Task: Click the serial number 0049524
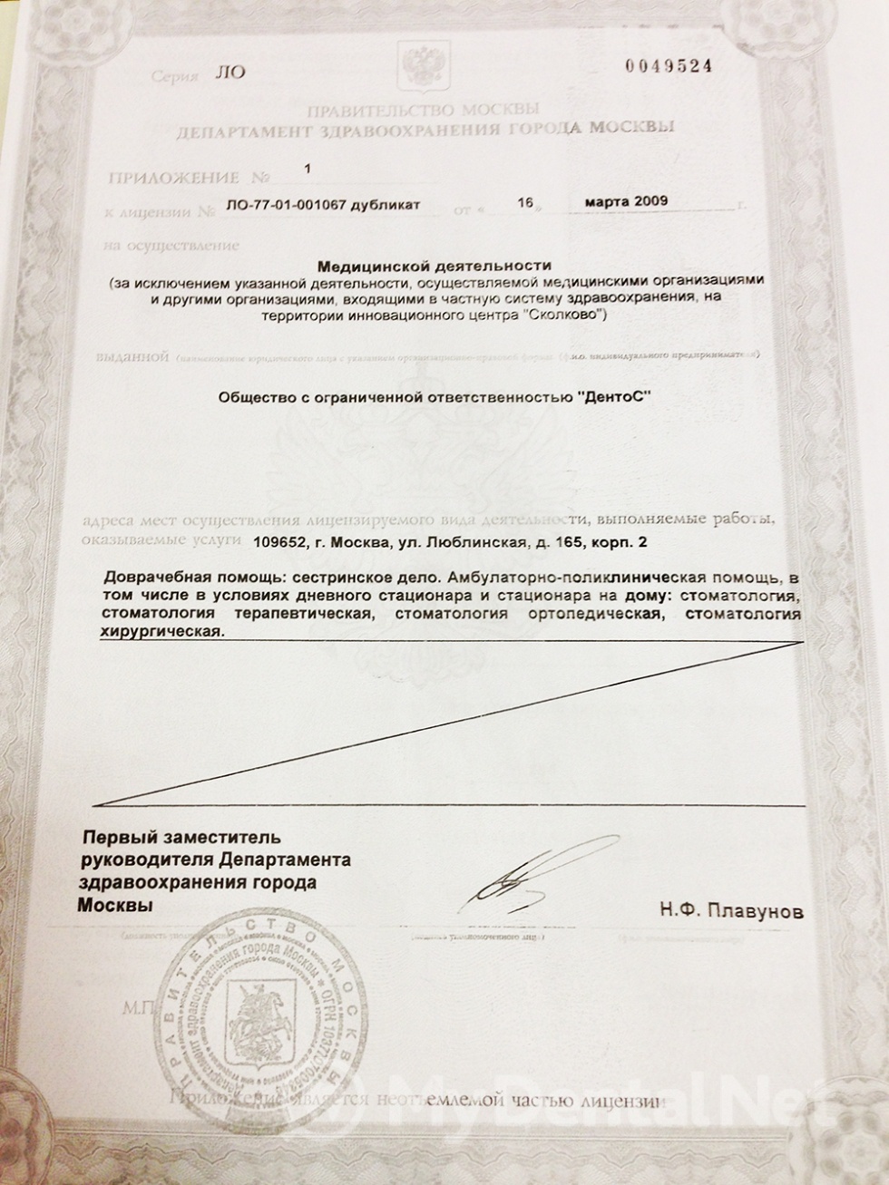coord(669,65)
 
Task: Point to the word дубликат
coord(389,206)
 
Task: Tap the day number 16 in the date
coord(524,203)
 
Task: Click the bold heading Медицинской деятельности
coord(434,267)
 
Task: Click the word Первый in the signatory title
coord(116,837)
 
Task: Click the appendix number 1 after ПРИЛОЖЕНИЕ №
coord(308,169)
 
